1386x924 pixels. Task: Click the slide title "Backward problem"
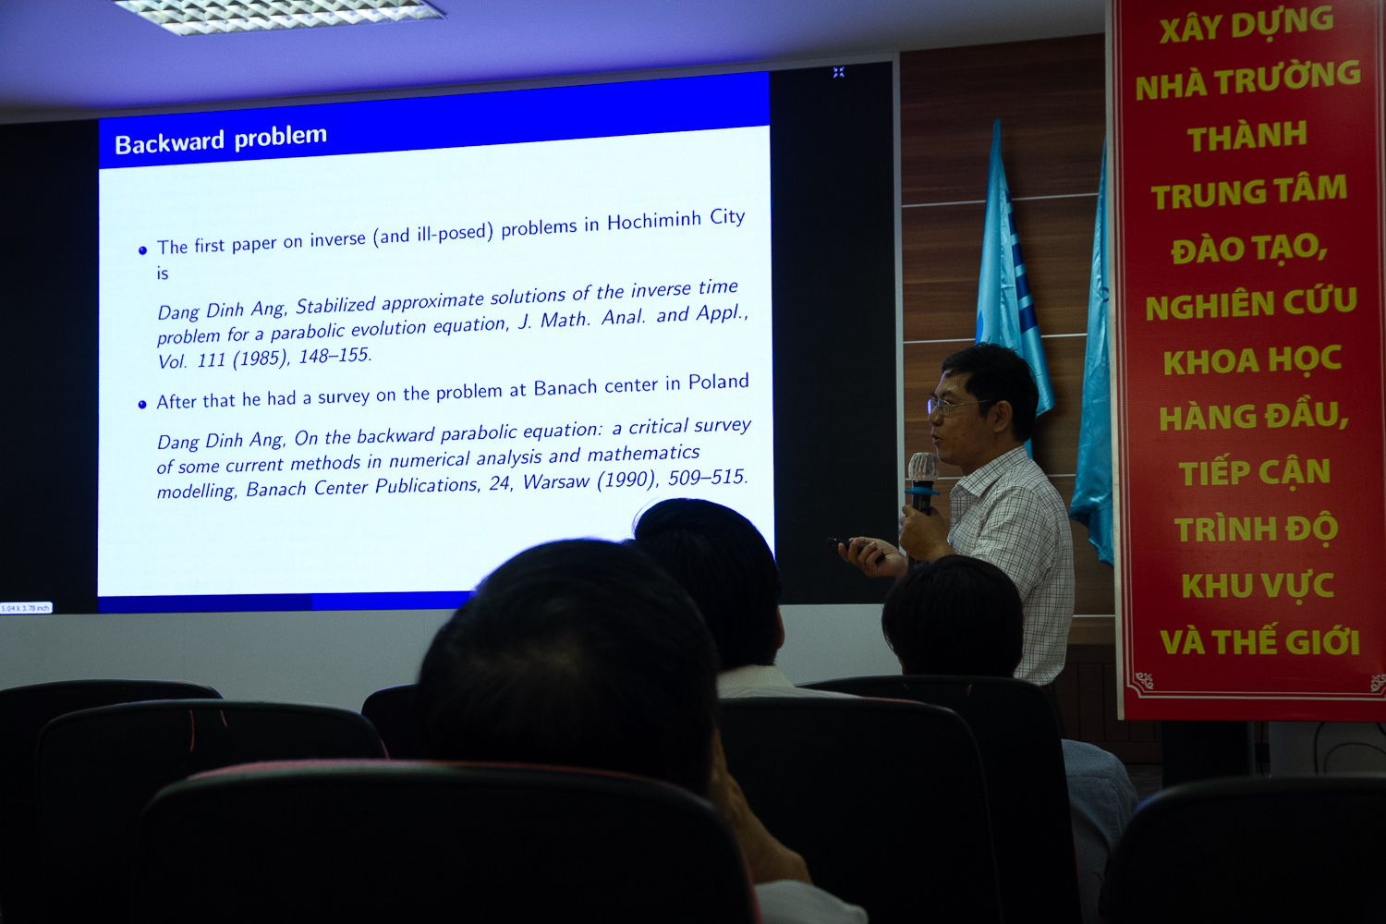(220, 140)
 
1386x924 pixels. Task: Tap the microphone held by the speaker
(922, 483)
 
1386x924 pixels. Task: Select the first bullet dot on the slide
(143, 250)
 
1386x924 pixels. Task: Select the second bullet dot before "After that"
(142, 405)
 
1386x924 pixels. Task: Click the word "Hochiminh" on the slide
(654, 221)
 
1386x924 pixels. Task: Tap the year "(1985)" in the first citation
(261, 359)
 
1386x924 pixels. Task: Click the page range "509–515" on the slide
(708, 477)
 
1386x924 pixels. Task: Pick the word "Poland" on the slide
(718, 383)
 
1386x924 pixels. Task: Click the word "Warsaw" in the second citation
(556, 481)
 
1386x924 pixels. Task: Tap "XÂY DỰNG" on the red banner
(1246, 24)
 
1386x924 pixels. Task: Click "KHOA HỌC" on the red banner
(1252, 361)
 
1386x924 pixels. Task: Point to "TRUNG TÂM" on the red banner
(1249, 192)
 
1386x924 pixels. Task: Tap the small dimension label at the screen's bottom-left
(25, 608)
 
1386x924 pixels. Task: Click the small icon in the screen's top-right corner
(838, 72)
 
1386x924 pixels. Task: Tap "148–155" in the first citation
(334, 356)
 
